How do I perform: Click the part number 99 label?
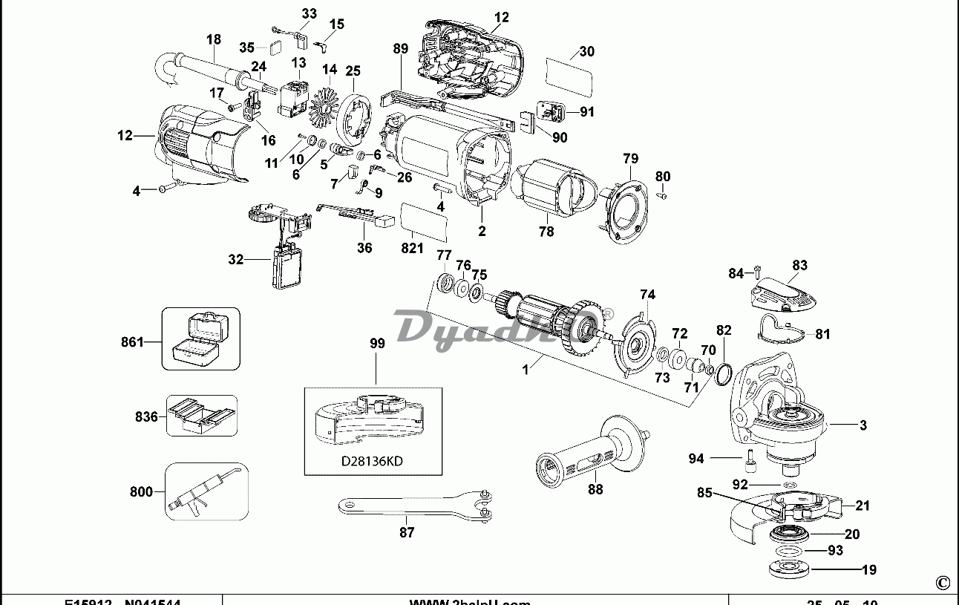pyautogui.click(x=378, y=343)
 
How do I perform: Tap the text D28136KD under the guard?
pyautogui.click(x=372, y=461)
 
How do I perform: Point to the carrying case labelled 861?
pyautogui.click(x=200, y=339)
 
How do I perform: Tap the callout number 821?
pyautogui.click(x=413, y=249)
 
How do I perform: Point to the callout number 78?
pyautogui.click(x=546, y=232)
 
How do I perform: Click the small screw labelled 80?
pyautogui.click(x=664, y=195)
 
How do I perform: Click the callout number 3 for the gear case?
pyautogui.click(x=863, y=425)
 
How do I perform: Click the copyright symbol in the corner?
pyautogui.click(x=943, y=583)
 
